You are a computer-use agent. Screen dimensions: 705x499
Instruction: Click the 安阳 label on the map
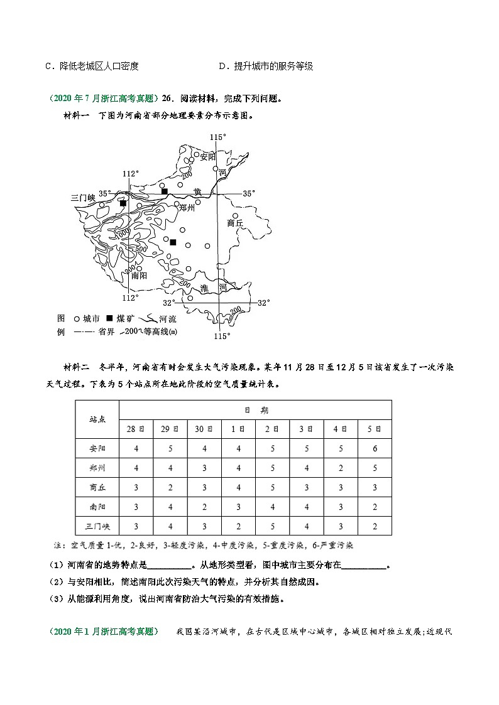(207, 157)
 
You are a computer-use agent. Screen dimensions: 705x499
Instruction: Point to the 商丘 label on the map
(235, 222)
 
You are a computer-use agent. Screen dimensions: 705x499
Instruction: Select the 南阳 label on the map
(139, 275)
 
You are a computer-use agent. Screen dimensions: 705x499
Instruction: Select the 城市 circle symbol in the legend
(76, 319)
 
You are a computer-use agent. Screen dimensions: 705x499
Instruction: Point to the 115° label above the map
(217, 136)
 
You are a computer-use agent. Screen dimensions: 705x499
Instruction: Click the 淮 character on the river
(204, 288)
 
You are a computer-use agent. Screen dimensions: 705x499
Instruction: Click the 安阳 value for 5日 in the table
(374, 449)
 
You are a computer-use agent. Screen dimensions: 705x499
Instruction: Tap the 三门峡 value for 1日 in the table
(238, 526)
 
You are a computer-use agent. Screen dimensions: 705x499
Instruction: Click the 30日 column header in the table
(204, 429)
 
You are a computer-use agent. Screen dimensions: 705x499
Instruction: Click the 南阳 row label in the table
(97, 507)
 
